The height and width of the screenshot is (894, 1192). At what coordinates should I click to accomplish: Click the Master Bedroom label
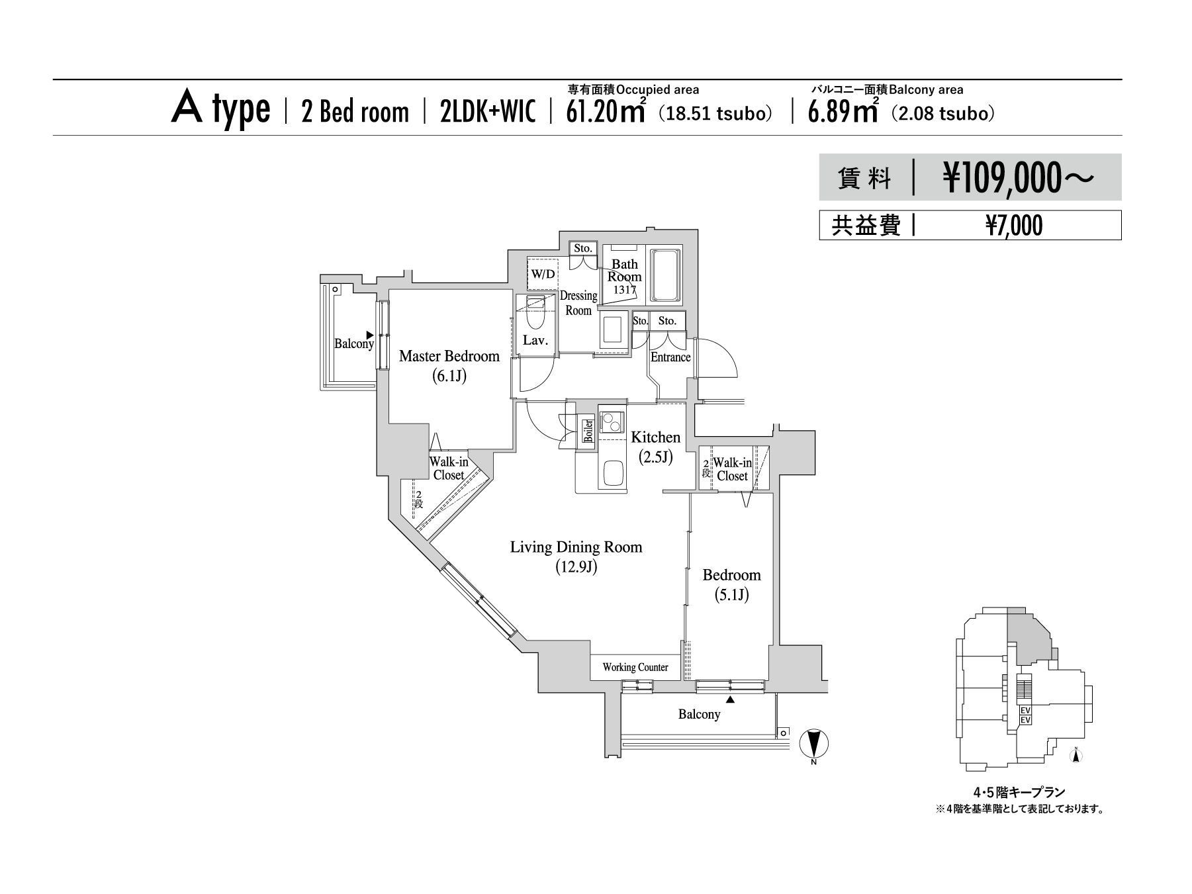(449, 356)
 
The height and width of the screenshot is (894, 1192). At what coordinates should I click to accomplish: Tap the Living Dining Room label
(576, 547)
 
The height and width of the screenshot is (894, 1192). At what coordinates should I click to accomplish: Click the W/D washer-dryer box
(542, 273)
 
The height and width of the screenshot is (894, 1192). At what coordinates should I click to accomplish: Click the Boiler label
(588, 431)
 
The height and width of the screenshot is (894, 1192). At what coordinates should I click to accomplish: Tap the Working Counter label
(635, 667)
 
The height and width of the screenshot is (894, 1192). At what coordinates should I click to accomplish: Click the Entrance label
(670, 357)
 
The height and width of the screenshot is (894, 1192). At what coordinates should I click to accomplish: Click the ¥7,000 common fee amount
(1014, 226)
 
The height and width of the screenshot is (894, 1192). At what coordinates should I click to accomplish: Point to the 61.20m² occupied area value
(606, 112)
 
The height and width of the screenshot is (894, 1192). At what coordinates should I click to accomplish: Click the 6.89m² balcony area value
(843, 112)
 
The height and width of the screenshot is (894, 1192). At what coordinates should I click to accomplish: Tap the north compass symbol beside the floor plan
(813, 744)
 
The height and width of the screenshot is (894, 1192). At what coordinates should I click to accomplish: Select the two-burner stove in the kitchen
(612, 421)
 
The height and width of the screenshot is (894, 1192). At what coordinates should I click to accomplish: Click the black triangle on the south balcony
(731, 699)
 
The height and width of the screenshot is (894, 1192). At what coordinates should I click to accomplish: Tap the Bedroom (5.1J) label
(731, 585)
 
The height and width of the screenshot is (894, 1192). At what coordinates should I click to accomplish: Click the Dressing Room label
(578, 303)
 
